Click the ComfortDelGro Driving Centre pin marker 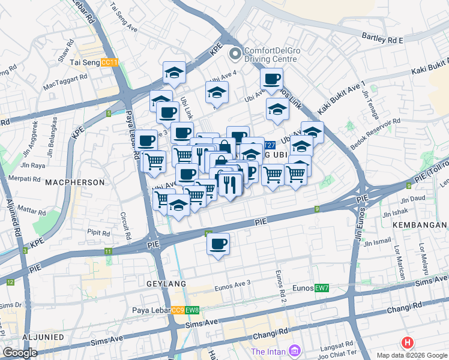point(234,54)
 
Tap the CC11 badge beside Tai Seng point(109,62)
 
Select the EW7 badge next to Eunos point(322,289)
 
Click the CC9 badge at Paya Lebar point(178,310)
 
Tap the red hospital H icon point(408,343)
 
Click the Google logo point(20,353)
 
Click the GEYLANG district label point(166,283)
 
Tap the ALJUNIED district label point(41,337)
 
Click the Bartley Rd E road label point(383,38)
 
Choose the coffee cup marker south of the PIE point(218,244)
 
